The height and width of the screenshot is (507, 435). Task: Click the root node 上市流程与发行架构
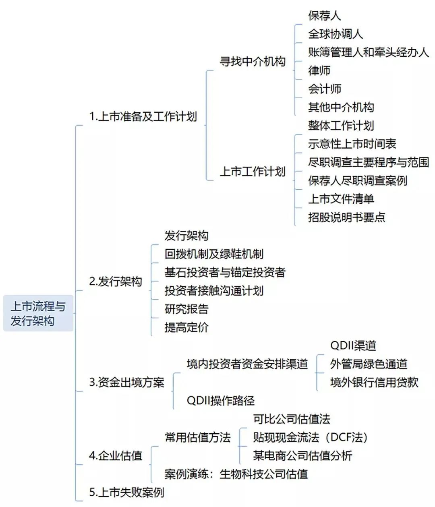point(38,313)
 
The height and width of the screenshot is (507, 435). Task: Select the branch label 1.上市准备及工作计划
point(143,116)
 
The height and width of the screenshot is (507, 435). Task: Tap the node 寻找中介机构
point(253,61)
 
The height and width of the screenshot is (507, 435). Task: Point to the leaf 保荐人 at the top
point(325,15)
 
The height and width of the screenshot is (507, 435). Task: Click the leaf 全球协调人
point(336,34)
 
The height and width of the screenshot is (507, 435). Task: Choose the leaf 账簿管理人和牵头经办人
point(369,52)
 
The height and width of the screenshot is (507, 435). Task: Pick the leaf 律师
point(319,70)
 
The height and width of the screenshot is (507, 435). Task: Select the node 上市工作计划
point(253,172)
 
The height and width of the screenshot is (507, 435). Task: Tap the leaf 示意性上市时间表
point(352,144)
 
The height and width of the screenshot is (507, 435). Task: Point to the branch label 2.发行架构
point(116,281)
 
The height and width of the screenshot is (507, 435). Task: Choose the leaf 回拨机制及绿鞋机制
point(214,254)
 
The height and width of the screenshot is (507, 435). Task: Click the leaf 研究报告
point(186,309)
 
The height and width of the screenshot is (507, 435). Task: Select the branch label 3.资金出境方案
point(126,382)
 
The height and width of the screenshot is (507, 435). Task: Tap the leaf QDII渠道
point(353,346)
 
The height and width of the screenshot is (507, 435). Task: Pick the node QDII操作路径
point(221,401)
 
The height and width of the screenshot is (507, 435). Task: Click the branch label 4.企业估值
point(116,455)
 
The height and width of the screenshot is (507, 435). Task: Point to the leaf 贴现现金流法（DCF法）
point(311,437)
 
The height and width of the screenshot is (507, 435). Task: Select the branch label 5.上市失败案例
point(126,492)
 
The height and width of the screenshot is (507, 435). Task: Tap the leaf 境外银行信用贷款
point(374,382)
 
